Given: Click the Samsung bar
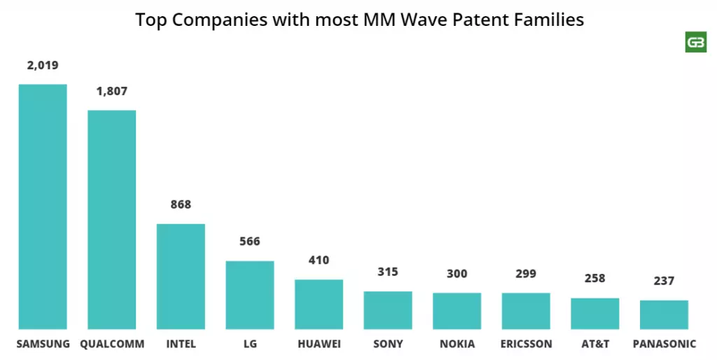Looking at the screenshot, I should [43, 207].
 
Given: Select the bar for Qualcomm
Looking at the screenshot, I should [111, 219].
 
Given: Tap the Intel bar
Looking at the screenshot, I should [181, 276].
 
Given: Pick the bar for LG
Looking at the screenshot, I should [249, 295].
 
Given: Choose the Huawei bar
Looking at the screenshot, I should [319, 304].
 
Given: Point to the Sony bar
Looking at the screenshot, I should [388, 310].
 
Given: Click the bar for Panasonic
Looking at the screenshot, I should [664, 314].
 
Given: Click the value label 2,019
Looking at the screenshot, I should [43, 66].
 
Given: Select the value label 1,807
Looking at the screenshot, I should [112, 92].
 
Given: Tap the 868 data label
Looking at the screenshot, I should [181, 205].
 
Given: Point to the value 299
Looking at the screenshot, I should [526, 275].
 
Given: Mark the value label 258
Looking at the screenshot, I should [594, 279].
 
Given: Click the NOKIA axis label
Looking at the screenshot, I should [457, 345].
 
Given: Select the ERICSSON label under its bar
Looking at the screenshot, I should [527, 345].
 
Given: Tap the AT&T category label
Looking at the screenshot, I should [594, 345].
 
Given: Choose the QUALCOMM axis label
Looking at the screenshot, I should [112, 345].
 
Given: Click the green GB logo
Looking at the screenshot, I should [695, 42].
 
